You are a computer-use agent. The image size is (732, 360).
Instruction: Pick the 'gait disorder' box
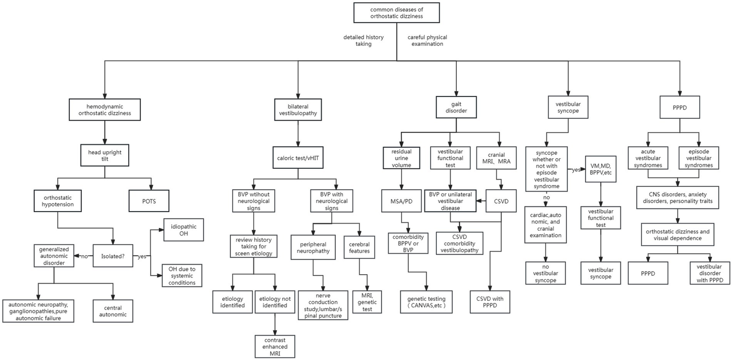click(x=456, y=108)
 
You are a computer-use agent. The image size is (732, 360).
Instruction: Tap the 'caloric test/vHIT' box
click(x=298, y=156)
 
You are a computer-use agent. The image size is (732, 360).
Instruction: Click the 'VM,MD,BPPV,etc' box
click(x=600, y=170)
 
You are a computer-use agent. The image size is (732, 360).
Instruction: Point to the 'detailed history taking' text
click(x=363, y=41)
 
